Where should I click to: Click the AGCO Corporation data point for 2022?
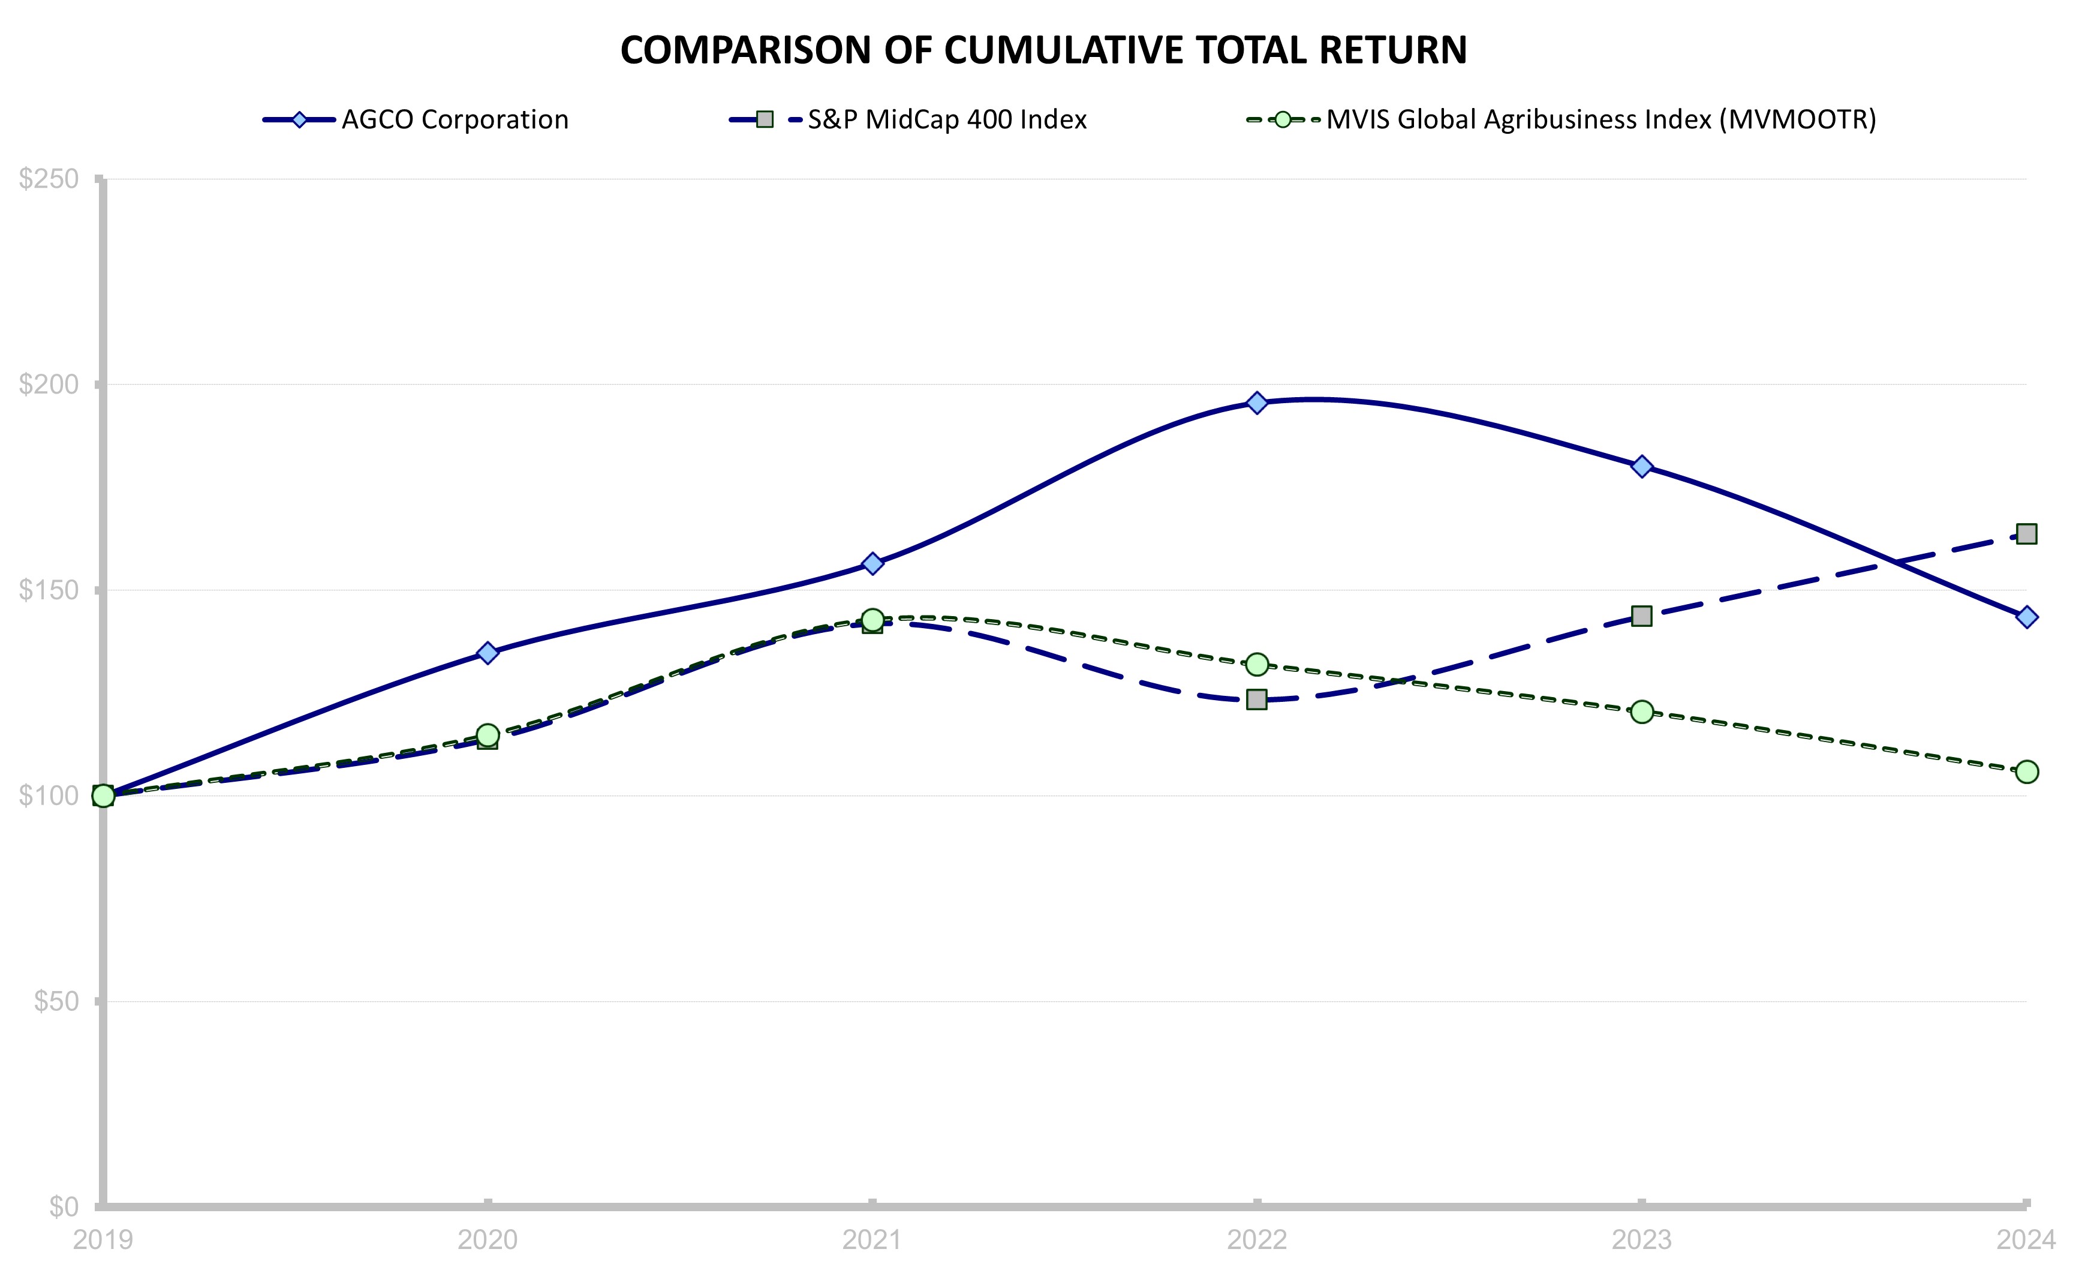coord(1257,403)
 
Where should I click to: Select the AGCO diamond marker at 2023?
coord(1641,466)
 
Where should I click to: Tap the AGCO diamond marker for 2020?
coord(488,653)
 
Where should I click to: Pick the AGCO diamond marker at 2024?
coord(2026,617)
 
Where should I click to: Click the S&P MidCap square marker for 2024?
coord(2026,534)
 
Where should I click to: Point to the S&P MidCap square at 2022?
coord(1257,699)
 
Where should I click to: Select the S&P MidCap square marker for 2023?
coord(1641,616)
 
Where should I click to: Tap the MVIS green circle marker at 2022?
coord(1257,665)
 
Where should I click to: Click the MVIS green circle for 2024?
coord(2026,771)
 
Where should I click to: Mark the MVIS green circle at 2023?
coord(1641,711)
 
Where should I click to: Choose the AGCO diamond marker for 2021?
coord(872,564)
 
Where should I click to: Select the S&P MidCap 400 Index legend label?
coord(946,119)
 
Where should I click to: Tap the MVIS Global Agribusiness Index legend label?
coord(1600,119)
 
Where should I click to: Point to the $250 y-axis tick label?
coord(49,179)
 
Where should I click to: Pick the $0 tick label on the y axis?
coord(64,1206)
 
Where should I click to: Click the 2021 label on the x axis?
coord(872,1240)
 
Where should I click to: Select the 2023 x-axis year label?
coord(1641,1240)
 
